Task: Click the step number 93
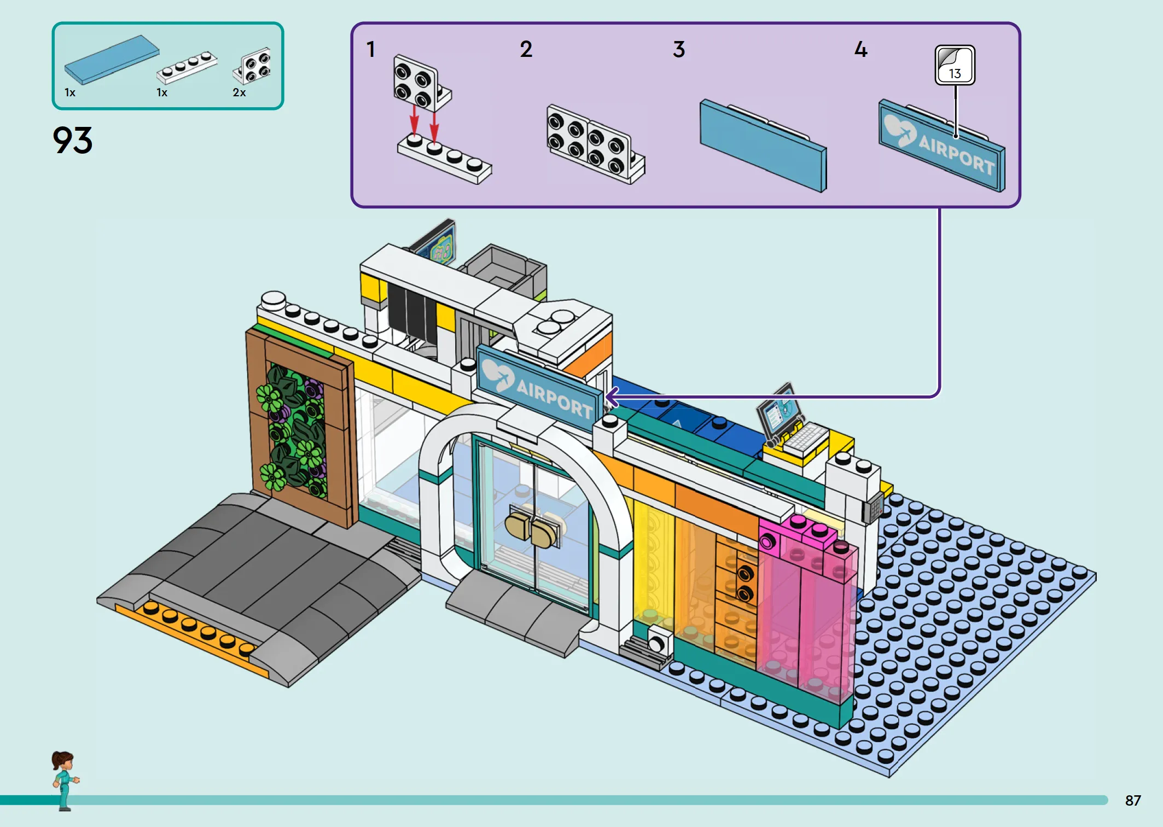tap(72, 141)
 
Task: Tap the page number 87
tap(1133, 801)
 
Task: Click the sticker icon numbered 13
tap(955, 65)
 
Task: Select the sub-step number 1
tap(371, 49)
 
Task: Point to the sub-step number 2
tap(526, 49)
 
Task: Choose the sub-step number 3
tap(679, 49)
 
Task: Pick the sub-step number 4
tap(860, 49)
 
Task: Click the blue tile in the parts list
tap(112, 60)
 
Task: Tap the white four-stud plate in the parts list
tap(187, 67)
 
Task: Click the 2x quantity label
tap(239, 92)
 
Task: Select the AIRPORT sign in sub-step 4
tap(942, 145)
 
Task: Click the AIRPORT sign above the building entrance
tap(539, 387)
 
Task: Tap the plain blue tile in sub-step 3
tap(763, 145)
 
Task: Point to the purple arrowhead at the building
tap(612, 397)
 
